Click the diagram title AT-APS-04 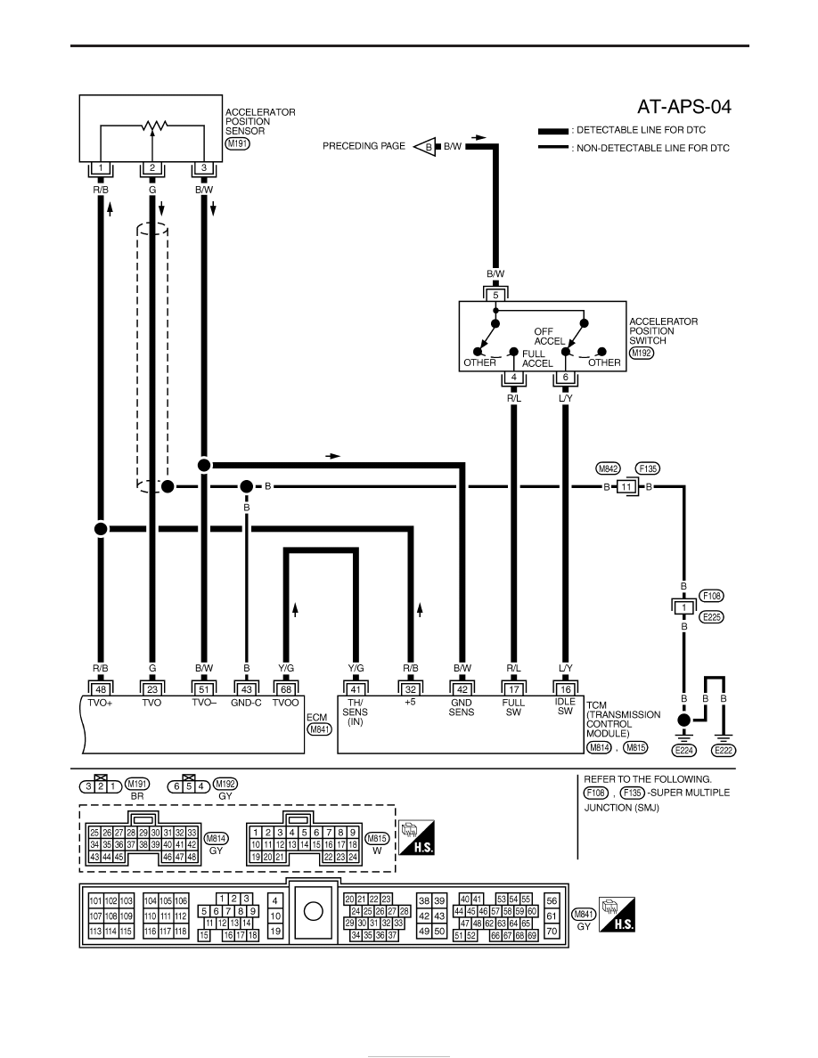pos(683,107)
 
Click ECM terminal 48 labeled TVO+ pos(101,689)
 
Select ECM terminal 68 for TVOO pos(286,689)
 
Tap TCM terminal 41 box pos(356,689)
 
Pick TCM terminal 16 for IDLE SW pos(566,689)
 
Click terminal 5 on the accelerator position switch pos(495,295)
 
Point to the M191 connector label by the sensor pos(238,143)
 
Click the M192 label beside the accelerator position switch pos(642,353)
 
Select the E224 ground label pos(683,751)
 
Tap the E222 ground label pos(724,751)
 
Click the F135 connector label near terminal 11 pos(648,468)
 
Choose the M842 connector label pos(608,468)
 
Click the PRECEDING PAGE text pos(364,146)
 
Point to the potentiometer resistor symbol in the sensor pos(154,126)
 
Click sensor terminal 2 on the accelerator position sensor pos(152,168)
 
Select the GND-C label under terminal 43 pos(246,703)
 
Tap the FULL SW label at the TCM pos(513,707)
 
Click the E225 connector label pos(711,616)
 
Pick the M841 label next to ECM pos(319,729)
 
